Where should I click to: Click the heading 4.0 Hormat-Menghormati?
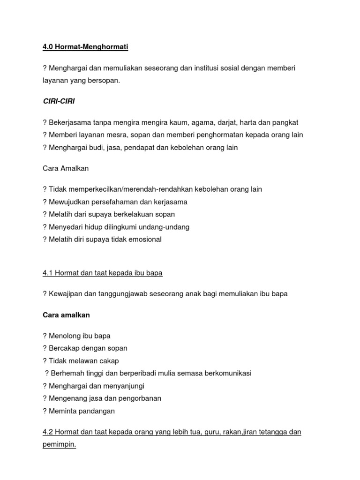coord(85,47)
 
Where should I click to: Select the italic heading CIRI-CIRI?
coord(59,101)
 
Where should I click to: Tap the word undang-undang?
coord(167,227)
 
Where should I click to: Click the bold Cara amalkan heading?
coord(66,315)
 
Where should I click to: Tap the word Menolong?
coord(65,336)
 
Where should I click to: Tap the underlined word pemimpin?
coord(59,444)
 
